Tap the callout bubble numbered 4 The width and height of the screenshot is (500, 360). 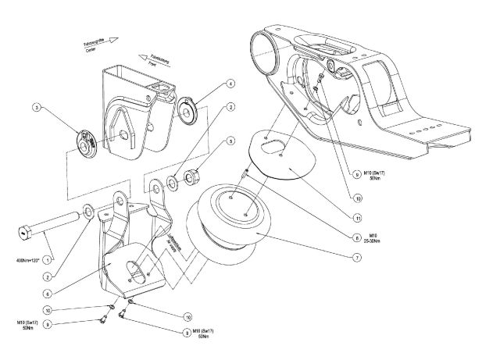pos(230,84)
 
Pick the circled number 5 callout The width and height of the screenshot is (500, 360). pos(230,141)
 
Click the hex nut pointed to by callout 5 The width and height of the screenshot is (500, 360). pos(192,172)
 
